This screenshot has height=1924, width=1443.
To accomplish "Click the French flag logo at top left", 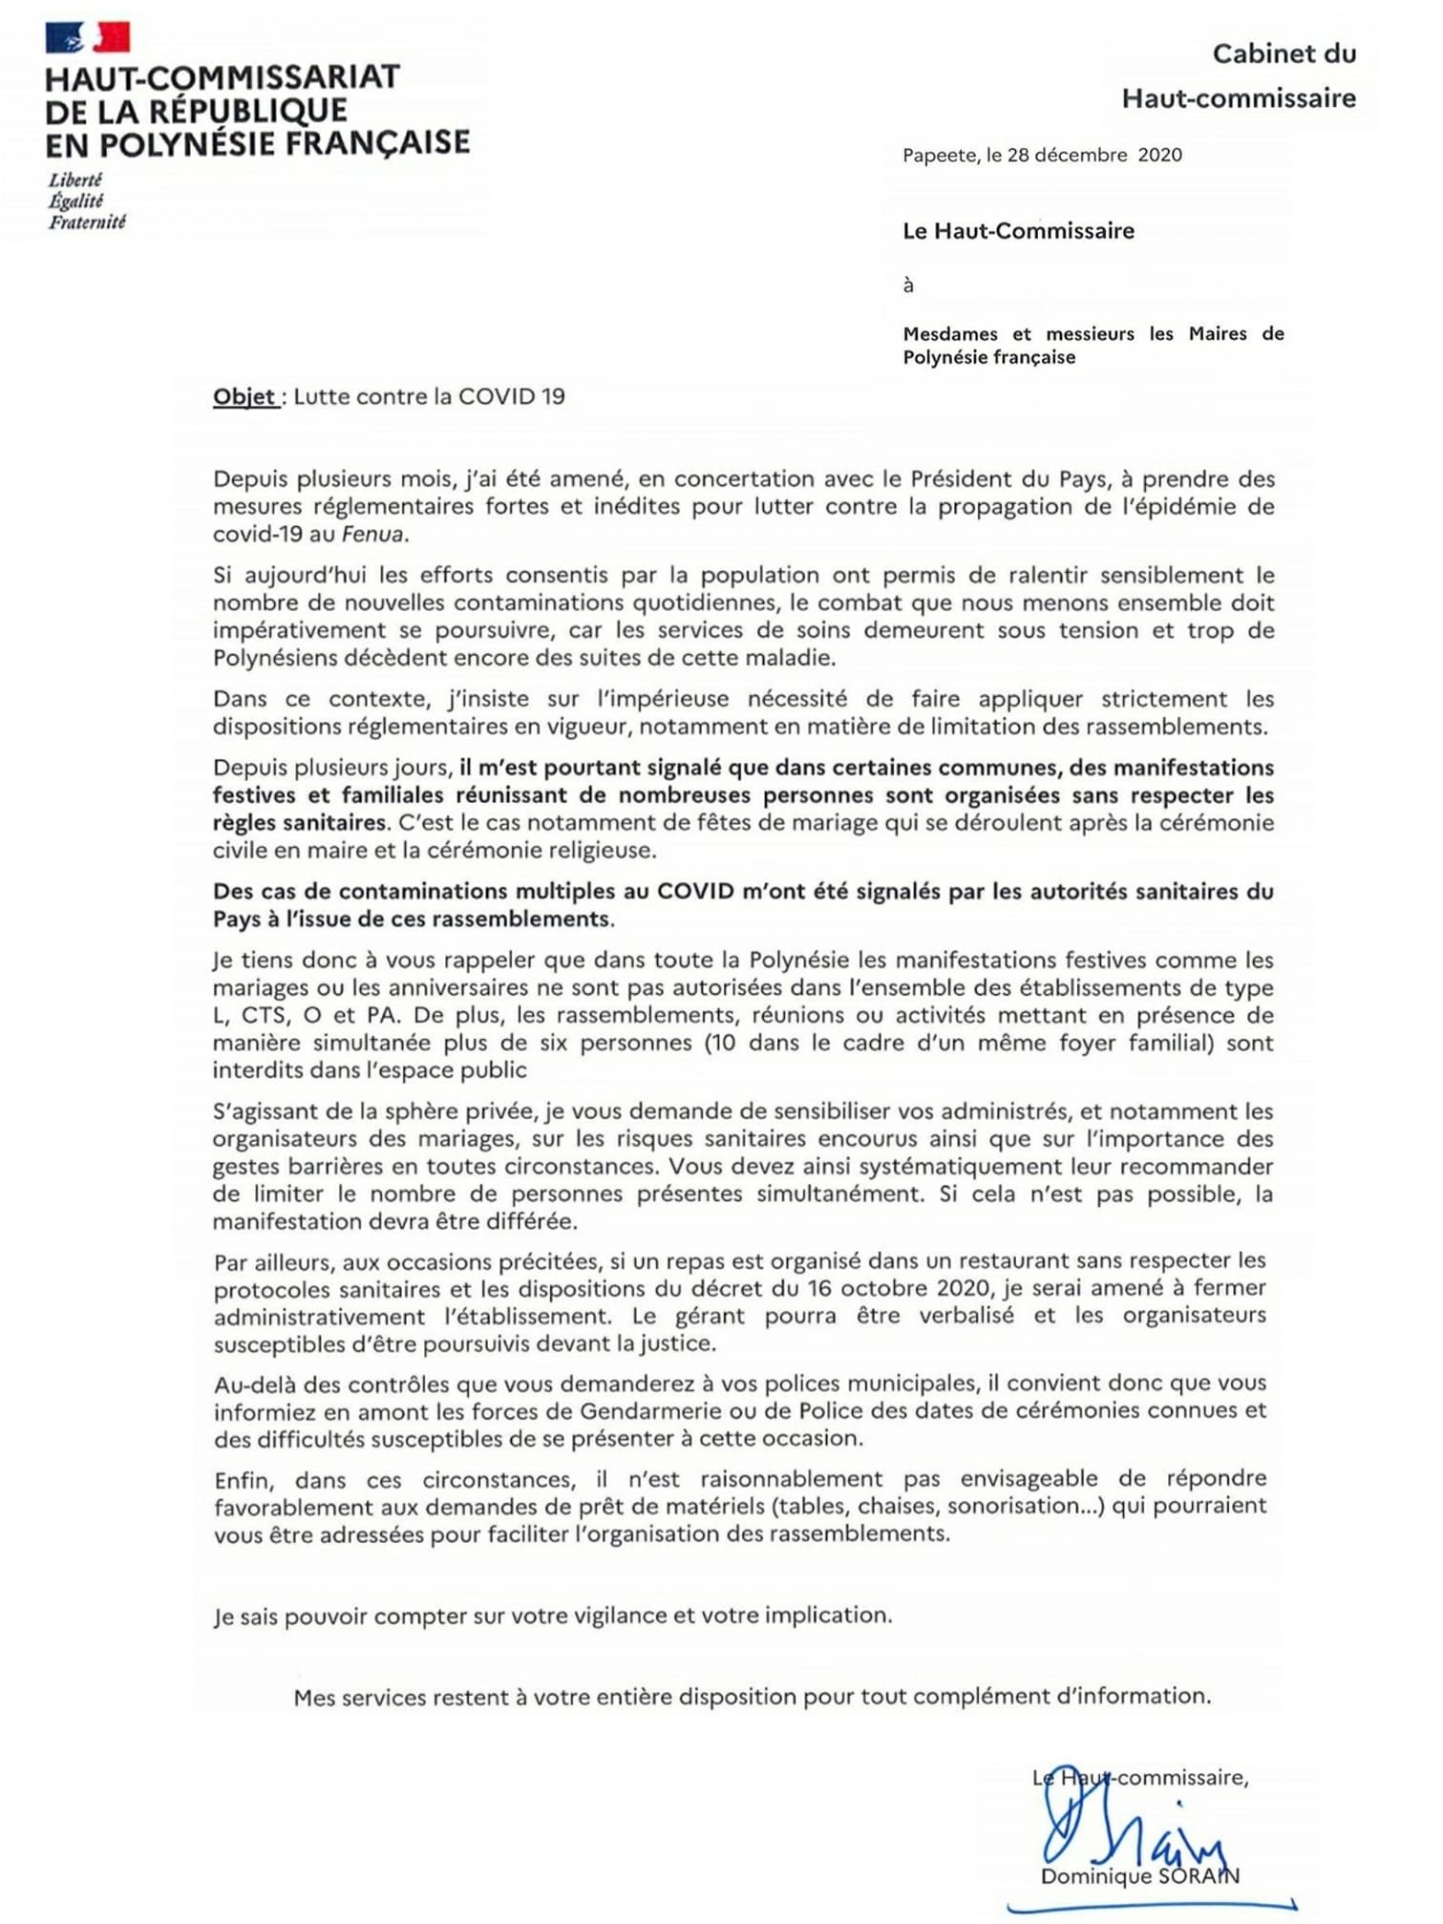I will click(x=87, y=37).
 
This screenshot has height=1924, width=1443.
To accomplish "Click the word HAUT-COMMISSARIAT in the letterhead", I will click(x=222, y=77).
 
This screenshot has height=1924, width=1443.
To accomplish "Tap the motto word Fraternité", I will click(x=87, y=222).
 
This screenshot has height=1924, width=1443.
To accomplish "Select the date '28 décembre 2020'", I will click(x=1094, y=155).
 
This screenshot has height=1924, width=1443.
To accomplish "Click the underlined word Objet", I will click(x=244, y=396).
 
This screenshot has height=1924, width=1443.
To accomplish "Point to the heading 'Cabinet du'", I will click(x=1284, y=53).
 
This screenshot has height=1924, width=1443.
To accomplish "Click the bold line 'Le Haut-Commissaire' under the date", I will click(x=1018, y=230).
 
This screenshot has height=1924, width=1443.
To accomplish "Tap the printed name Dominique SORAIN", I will click(x=1139, y=1876).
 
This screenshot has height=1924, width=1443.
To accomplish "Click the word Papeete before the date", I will click(x=941, y=155).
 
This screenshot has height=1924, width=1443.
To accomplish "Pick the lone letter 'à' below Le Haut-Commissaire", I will click(x=908, y=285).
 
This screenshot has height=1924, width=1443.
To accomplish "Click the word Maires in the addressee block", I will click(x=1218, y=333).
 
